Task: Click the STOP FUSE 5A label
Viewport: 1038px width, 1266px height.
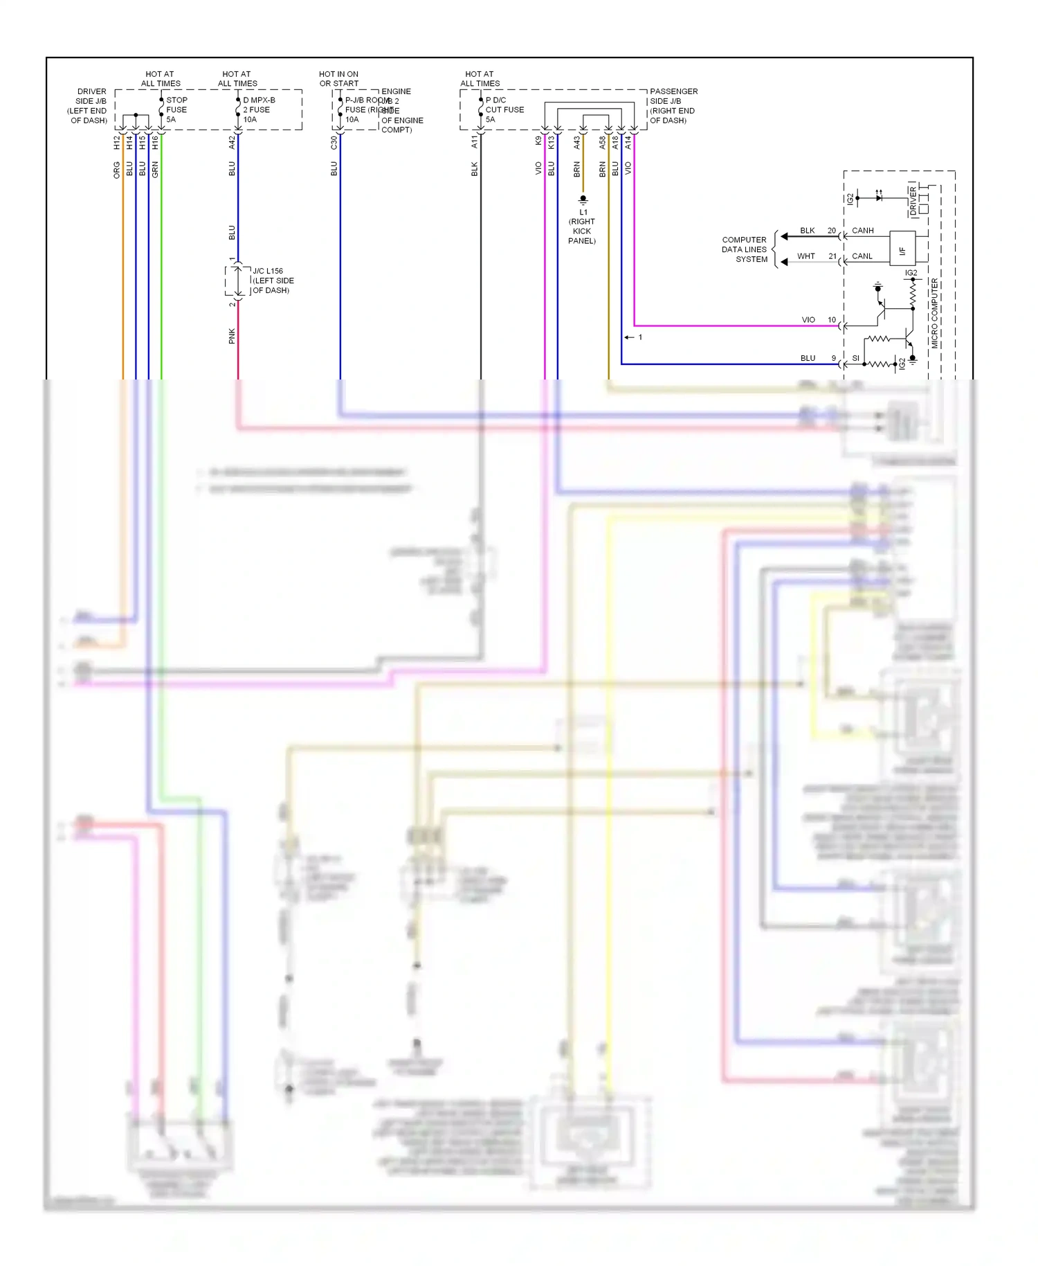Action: pyautogui.click(x=176, y=109)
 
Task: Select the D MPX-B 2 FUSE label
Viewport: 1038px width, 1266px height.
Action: pyautogui.click(x=258, y=109)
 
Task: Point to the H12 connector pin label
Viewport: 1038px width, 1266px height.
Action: pyautogui.click(x=117, y=143)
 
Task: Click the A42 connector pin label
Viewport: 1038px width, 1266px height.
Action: pyautogui.click(x=232, y=143)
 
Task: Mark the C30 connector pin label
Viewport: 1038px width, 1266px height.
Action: pyautogui.click(x=334, y=143)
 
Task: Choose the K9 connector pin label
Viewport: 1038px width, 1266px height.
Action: pyautogui.click(x=538, y=141)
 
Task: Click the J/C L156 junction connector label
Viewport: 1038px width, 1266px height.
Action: pyautogui.click(x=272, y=280)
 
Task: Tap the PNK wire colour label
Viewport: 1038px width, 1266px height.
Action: pyautogui.click(x=232, y=336)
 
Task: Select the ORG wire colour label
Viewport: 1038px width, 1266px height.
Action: pyautogui.click(x=117, y=170)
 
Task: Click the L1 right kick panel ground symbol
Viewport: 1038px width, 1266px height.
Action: pyautogui.click(x=583, y=200)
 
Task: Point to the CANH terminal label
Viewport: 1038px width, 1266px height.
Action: pyautogui.click(x=862, y=231)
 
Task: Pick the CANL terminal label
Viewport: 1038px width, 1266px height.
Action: pyautogui.click(x=862, y=256)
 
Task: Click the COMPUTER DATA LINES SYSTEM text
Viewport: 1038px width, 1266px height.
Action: pyautogui.click(x=745, y=249)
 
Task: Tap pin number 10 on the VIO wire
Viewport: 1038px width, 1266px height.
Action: pyautogui.click(x=832, y=320)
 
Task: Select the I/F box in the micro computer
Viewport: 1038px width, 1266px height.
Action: pyautogui.click(x=902, y=250)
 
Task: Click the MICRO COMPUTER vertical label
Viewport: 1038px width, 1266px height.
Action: pyautogui.click(x=934, y=313)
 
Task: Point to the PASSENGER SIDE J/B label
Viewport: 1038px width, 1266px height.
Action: pyautogui.click(x=673, y=105)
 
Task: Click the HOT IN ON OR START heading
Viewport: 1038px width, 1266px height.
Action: pyautogui.click(x=338, y=78)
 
